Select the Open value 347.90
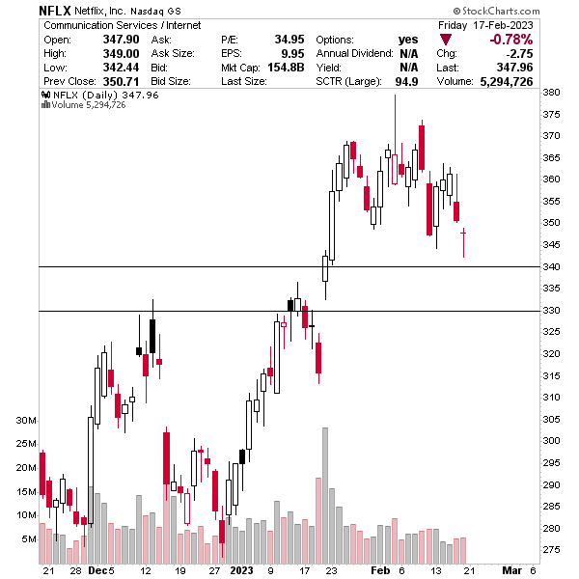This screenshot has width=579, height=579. click(x=118, y=39)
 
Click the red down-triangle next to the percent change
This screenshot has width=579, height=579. click(x=445, y=40)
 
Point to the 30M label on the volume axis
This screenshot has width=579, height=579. click(x=25, y=422)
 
